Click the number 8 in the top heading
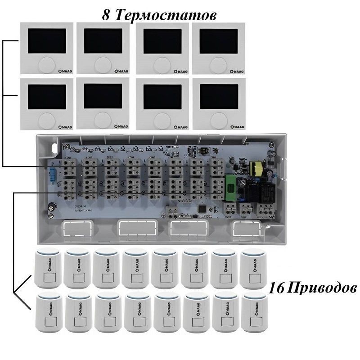[106, 15]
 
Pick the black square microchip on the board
[201, 208]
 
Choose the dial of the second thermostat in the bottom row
[102, 120]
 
